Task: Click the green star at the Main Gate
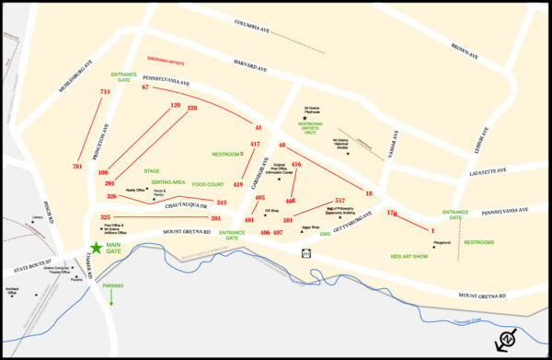point(97,247)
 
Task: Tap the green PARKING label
point(112,286)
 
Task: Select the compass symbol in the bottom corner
point(504,342)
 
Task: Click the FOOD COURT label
point(208,184)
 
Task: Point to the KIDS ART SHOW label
point(408,255)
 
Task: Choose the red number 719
point(105,92)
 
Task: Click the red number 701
point(77,166)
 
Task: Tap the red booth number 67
point(145,87)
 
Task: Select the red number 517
point(339,200)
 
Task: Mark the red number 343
point(221,202)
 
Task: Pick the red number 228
point(192,108)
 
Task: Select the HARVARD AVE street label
point(249,68)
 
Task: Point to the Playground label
point(442,242)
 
